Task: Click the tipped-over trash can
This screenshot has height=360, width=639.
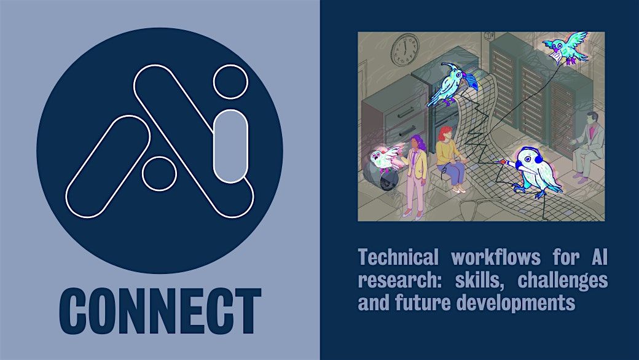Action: point(381,176)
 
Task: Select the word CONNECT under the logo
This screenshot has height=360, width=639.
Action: point(160,311)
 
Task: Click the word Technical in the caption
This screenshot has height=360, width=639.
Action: point(398,257)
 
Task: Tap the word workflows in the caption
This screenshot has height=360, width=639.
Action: point(496,257)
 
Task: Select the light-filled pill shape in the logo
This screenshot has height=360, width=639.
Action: point(230,146)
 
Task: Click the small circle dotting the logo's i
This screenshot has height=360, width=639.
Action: point(230,82)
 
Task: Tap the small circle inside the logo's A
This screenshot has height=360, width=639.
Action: point(159,173)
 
